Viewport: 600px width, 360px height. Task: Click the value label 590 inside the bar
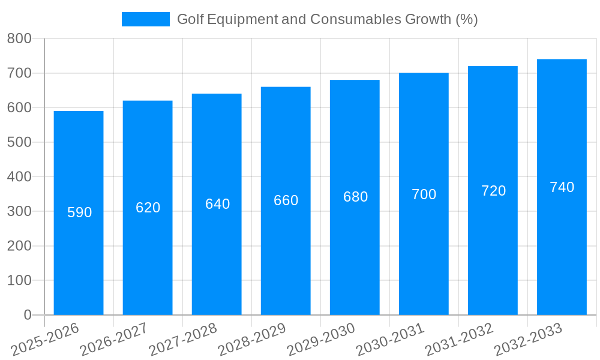(x=79, y=212)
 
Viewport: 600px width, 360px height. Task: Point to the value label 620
(x=148, y=208)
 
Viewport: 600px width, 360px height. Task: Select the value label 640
(x=217, y=204)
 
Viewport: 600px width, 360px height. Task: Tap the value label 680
(x=355, y=197)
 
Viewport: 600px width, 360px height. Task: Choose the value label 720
(x=493, y=191)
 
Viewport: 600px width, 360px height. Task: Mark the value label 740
(x=562, y=187)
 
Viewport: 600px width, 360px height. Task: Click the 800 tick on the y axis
(x=19, y=38)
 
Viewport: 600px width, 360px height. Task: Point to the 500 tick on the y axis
(x=19, y=142)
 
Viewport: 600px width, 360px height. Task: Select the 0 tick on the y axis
(x=27, y=315)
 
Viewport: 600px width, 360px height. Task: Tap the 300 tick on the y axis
(x=19, y=211)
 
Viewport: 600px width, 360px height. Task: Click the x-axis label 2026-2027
(x=114, y=340)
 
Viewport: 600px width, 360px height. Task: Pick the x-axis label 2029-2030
(x=321, y=340)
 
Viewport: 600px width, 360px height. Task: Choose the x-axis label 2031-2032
(x=459, y=340)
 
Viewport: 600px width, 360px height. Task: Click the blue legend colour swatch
(x=146, y=19)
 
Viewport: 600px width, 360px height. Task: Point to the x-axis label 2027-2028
(x=183, y=340)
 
